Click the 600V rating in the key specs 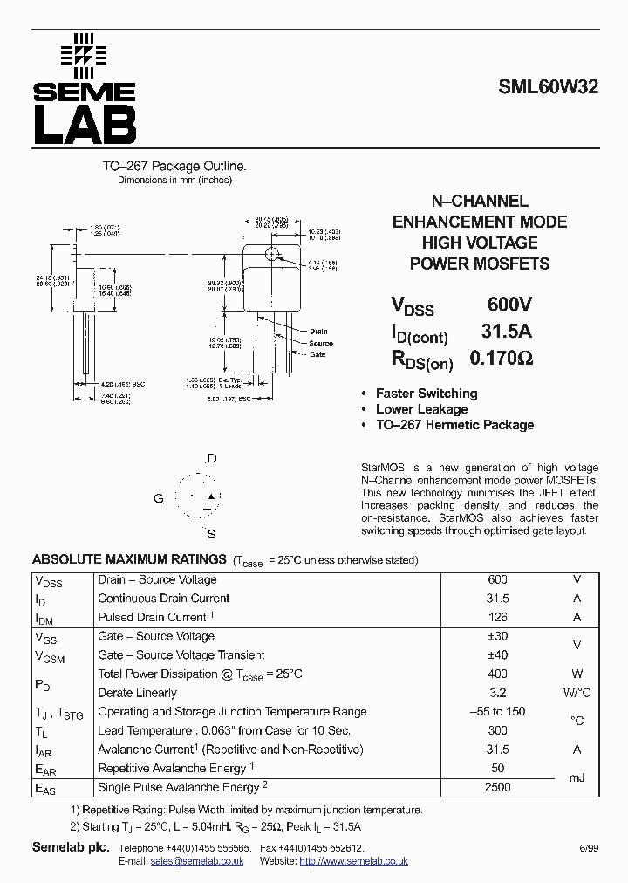509,305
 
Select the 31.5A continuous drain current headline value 507,332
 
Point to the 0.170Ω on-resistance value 501,358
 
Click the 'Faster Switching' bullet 427,394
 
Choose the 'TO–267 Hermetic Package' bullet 454,425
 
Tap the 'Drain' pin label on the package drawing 318,332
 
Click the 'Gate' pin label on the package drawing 317,354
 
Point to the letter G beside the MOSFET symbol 158,498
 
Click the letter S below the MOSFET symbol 211,533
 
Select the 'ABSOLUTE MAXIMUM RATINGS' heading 129,559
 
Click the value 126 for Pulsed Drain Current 497,617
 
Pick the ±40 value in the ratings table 497,654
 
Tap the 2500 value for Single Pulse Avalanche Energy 497,787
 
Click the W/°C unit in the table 577,693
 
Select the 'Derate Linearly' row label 137,693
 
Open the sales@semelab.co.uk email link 197,861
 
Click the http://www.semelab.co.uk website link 353,861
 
